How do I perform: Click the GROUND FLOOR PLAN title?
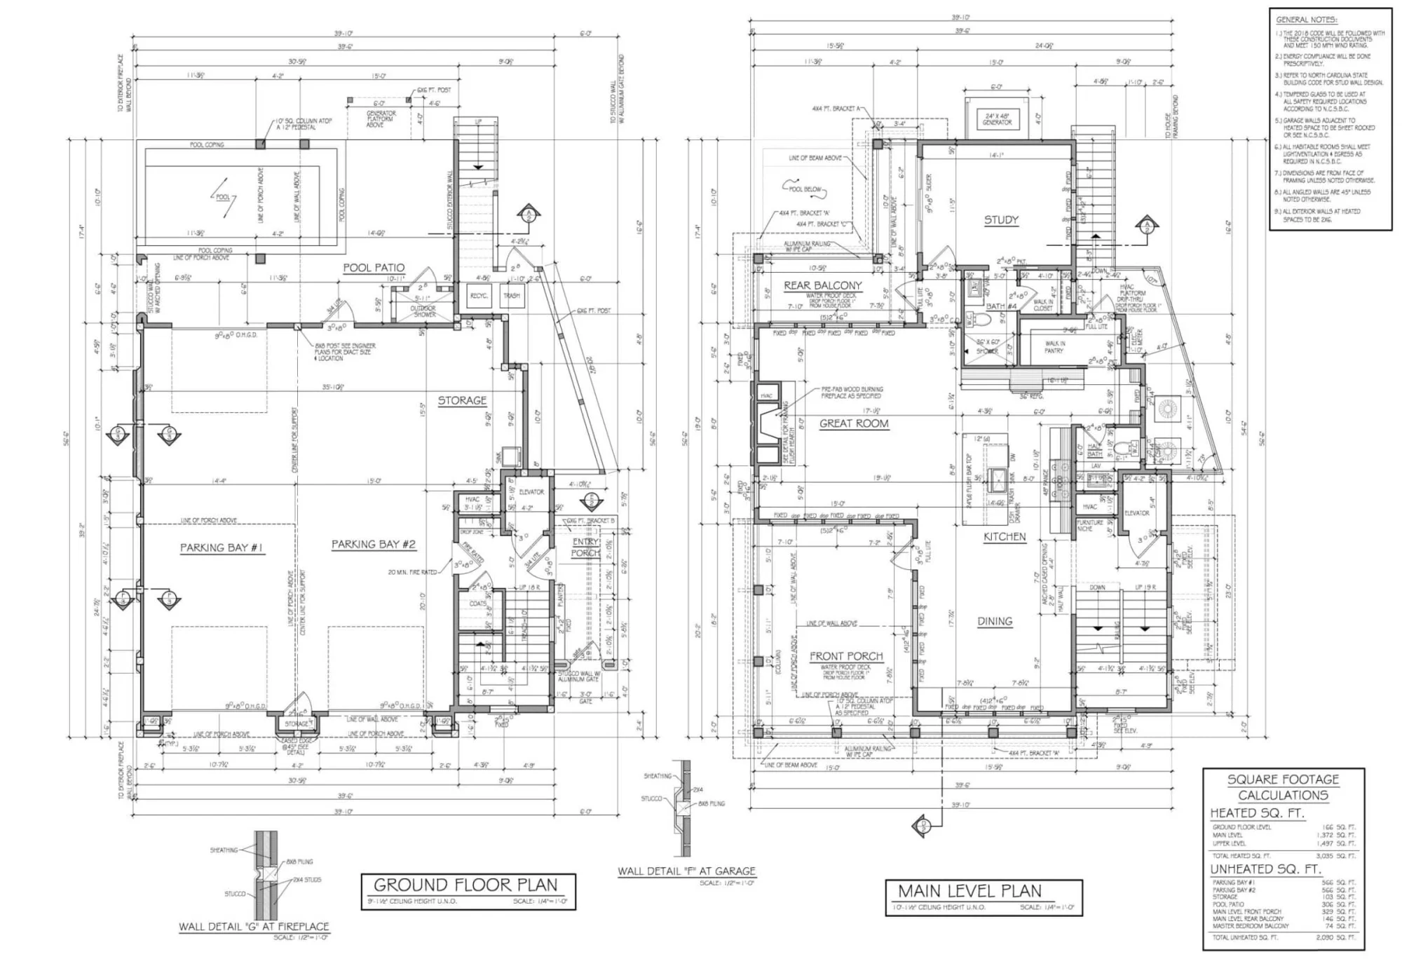click(465, 885)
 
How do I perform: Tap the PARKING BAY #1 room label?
click(222, 547)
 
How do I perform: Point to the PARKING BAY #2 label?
click(373, 544)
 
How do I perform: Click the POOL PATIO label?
click(374, 268)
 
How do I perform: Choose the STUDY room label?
click(1001, 220)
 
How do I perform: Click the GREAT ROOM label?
click(854, 423)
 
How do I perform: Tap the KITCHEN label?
click(1005, 537)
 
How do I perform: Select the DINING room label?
click(995, 621)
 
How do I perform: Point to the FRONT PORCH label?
click(846, 656)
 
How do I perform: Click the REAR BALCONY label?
click(822, 285)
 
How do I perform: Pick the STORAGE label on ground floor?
click(462, 400)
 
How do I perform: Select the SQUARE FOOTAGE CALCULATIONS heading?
click(1283, 787)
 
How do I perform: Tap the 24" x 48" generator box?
click(997, 119)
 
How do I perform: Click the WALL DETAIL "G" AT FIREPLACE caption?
click(254, 926)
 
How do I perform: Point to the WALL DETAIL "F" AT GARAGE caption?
click(686, 871)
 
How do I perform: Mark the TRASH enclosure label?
click(511, 296)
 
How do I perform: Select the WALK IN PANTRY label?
click(1054, 347)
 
